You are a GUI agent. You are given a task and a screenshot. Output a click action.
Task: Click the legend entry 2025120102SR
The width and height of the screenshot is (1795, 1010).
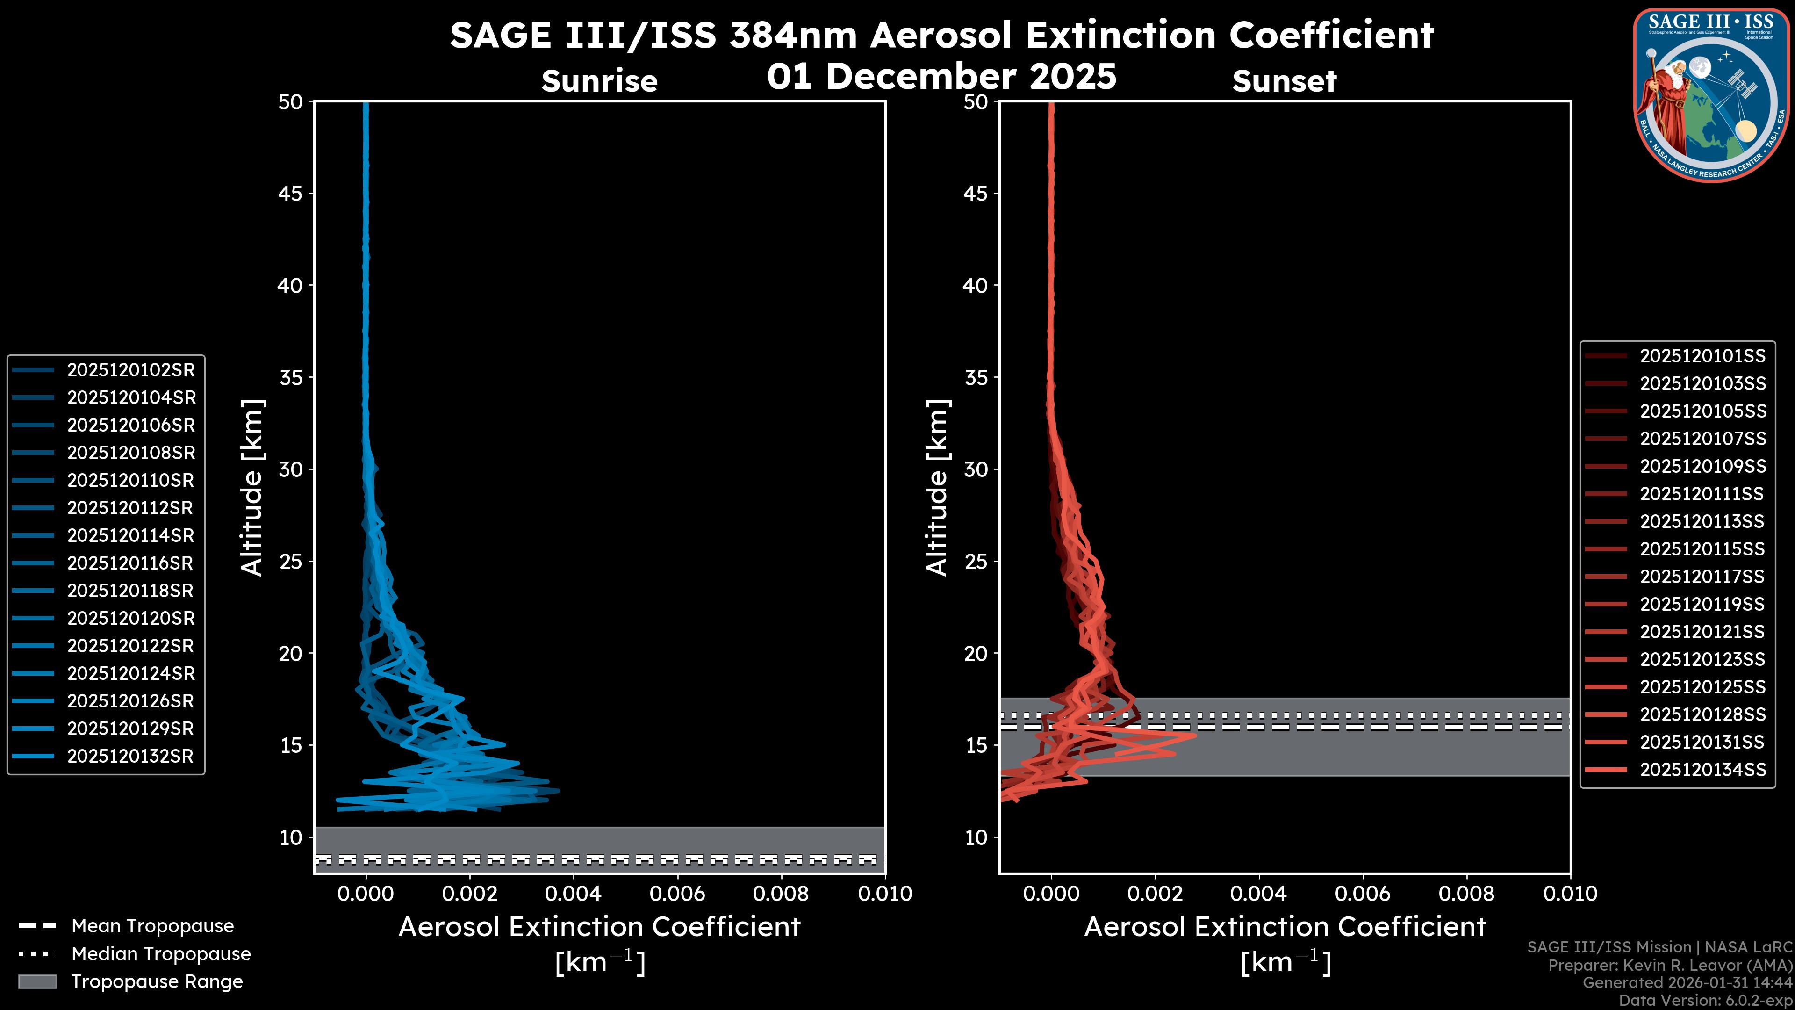tap(131, 370)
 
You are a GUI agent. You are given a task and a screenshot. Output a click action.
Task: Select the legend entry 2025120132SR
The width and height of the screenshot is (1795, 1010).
tap(130, 756)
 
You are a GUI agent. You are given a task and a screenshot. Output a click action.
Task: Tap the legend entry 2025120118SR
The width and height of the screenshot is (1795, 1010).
tap(130, 591)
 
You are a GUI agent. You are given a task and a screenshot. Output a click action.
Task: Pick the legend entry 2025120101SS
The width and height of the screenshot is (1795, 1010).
tap(1702, 356)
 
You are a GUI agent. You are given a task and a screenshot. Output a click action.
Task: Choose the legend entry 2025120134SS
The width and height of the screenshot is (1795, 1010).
tap(1702, 770)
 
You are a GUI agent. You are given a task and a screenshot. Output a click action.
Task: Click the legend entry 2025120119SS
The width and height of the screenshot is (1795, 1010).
tap(1702, 604)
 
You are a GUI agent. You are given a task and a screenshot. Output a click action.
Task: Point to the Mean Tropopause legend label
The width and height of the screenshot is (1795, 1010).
tap(152, 926)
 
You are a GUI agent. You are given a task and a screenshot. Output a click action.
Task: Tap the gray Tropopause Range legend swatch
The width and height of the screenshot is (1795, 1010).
tap(37, 981)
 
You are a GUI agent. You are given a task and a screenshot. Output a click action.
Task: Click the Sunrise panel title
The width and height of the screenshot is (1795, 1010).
tap(599, 81)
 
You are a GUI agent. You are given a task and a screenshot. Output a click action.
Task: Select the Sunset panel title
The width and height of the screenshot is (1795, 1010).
tap(1284, 81)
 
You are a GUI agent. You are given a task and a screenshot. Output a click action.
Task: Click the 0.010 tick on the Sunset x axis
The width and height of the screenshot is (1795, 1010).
tap(1570, 894)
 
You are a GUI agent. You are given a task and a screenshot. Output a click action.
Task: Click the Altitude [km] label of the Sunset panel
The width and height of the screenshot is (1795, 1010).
tap(937, 487)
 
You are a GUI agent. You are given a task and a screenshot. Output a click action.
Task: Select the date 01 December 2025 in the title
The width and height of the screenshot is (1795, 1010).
tap(941, 76)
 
